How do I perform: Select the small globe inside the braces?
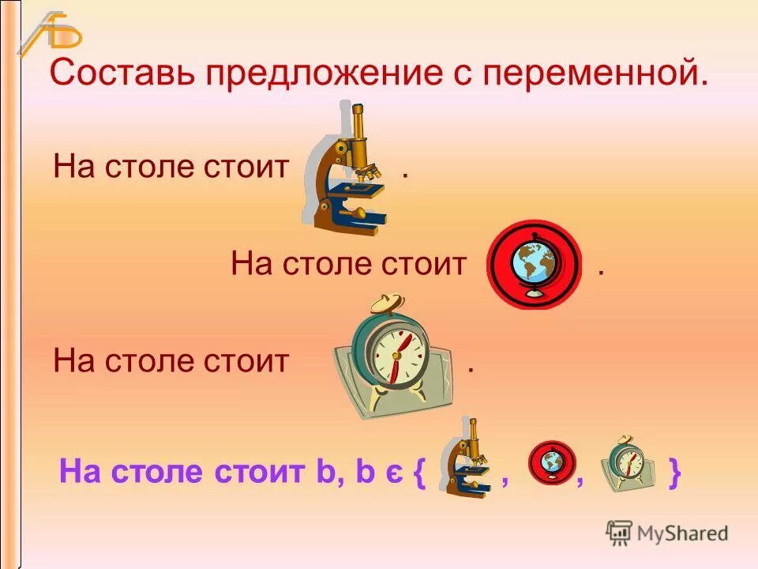point(553,462)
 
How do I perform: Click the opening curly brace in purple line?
point(419,474)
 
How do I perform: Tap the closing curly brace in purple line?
point(674,474)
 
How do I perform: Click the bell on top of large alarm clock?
point(387,305)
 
